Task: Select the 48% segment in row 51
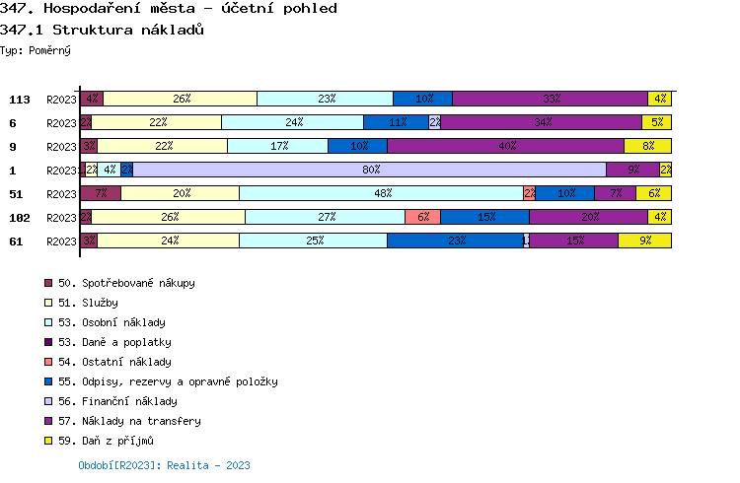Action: (381, 193)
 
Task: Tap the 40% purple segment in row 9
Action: (505, 146)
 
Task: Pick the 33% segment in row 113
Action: (550, 99)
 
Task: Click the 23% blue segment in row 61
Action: (455, 241)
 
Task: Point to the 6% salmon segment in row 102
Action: (422, 217)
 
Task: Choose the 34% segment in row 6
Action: (541, 122)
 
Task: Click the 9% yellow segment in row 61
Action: (644, 241)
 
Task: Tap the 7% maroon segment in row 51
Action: (101, 193)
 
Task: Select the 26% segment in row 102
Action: (168, 217)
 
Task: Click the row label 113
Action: (20, 100)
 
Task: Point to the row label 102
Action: (20, 218)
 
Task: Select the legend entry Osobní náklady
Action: (111, 322)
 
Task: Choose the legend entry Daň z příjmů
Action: (106, 441)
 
